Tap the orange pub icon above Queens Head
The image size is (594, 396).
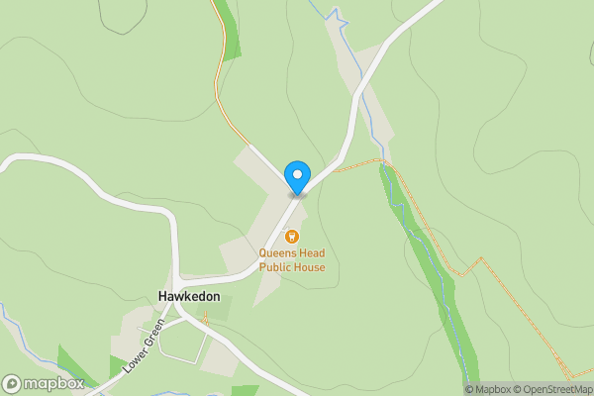click(292, 237)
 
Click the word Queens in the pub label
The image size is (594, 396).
click(277, 253)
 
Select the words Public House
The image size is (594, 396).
click(292, 267)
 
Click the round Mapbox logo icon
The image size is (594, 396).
click(13, 384)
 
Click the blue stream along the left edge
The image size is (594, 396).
click(20, 337)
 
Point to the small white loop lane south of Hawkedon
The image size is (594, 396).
click(183, 342)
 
